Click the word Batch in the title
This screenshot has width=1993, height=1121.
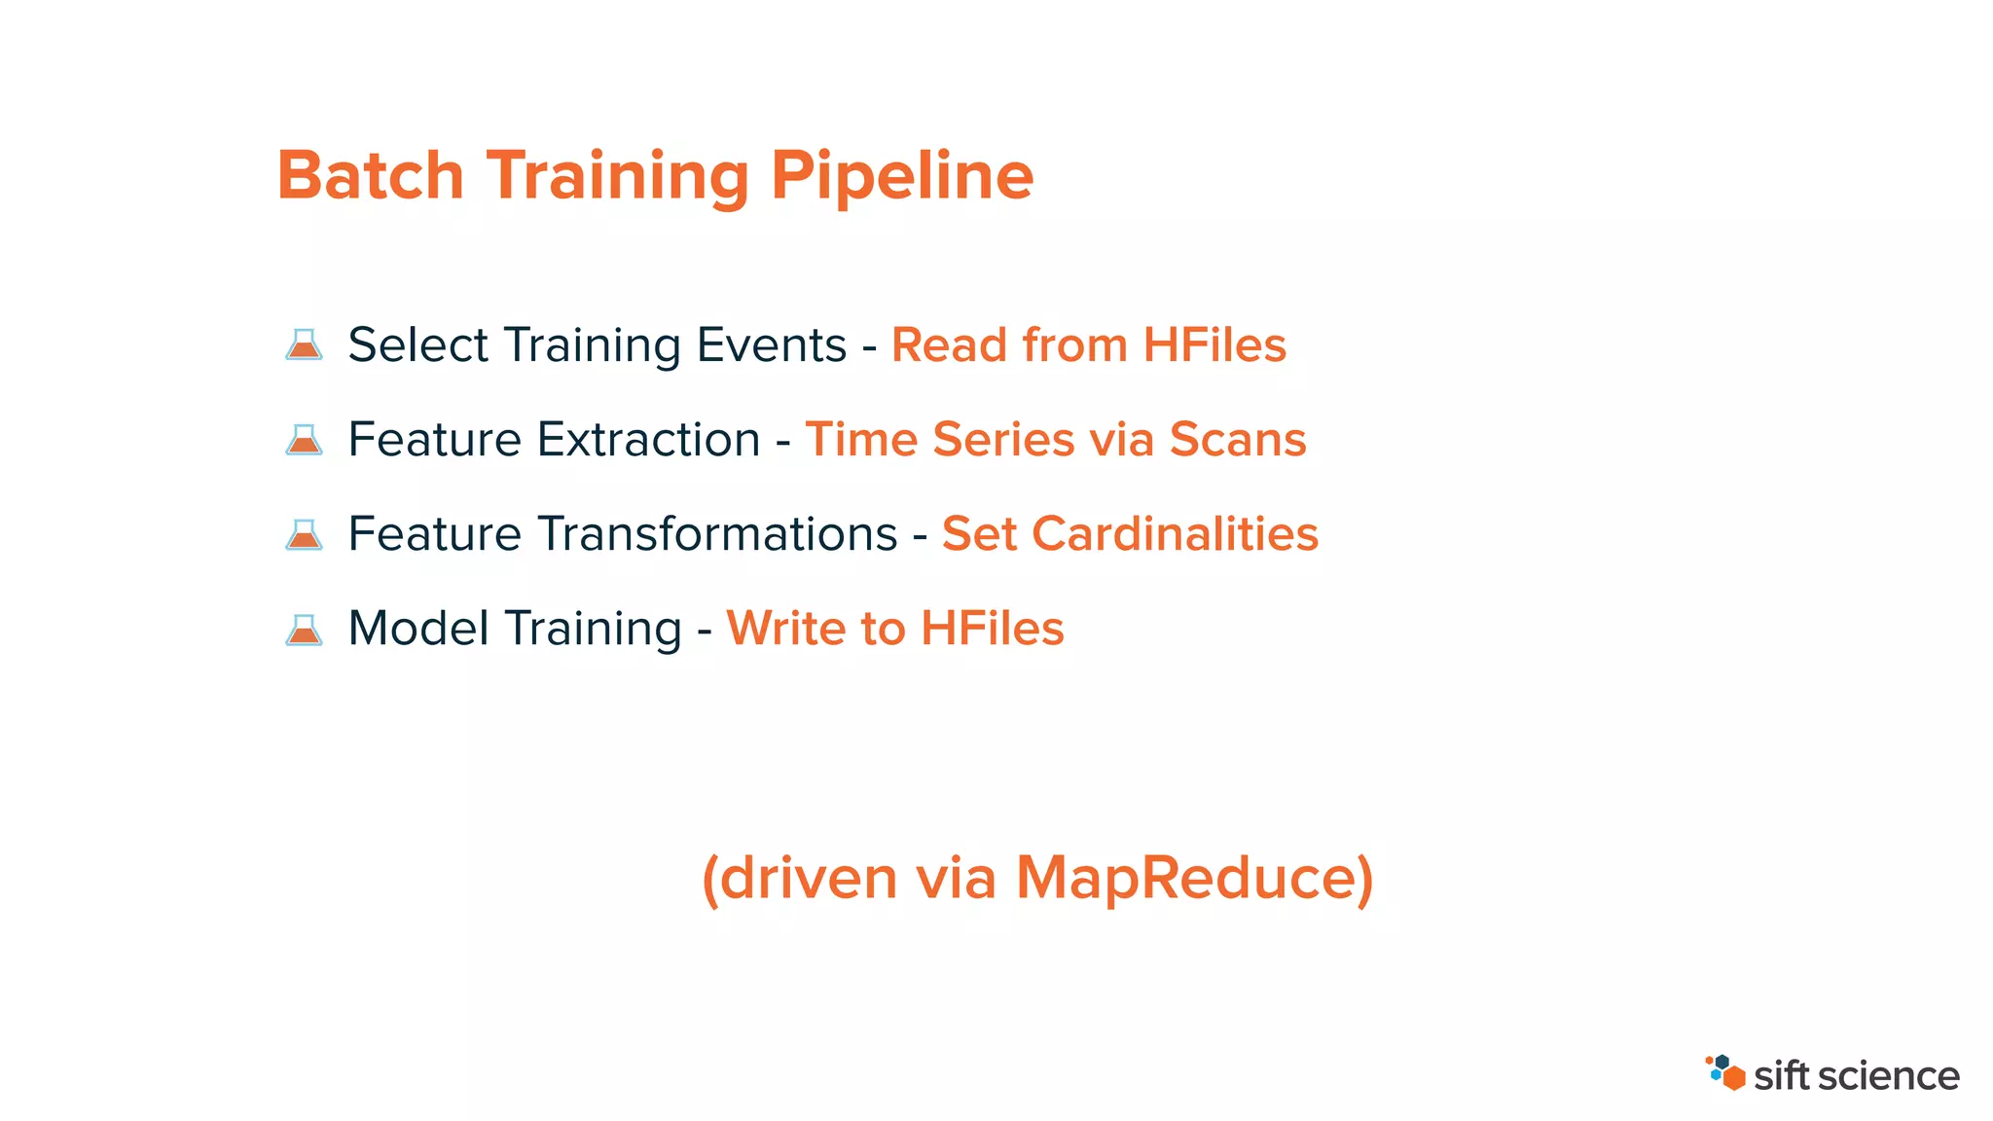pos(371,176)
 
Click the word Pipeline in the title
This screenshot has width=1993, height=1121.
pos(901,176)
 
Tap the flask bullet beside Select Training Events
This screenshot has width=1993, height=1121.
pos(304,344)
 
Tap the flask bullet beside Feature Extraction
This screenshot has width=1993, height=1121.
pos(304,439)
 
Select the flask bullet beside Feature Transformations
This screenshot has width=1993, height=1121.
pos(304,533)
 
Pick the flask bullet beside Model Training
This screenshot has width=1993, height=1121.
pos(304,629)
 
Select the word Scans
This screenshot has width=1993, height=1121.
pos(1237,440)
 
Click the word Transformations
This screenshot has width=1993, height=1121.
pos(720,534)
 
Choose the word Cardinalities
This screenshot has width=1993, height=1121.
pos(1175,534)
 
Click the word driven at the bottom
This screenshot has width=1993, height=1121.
pos(808,878)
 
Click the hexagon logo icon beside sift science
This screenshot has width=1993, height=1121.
pos(1725,1072)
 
